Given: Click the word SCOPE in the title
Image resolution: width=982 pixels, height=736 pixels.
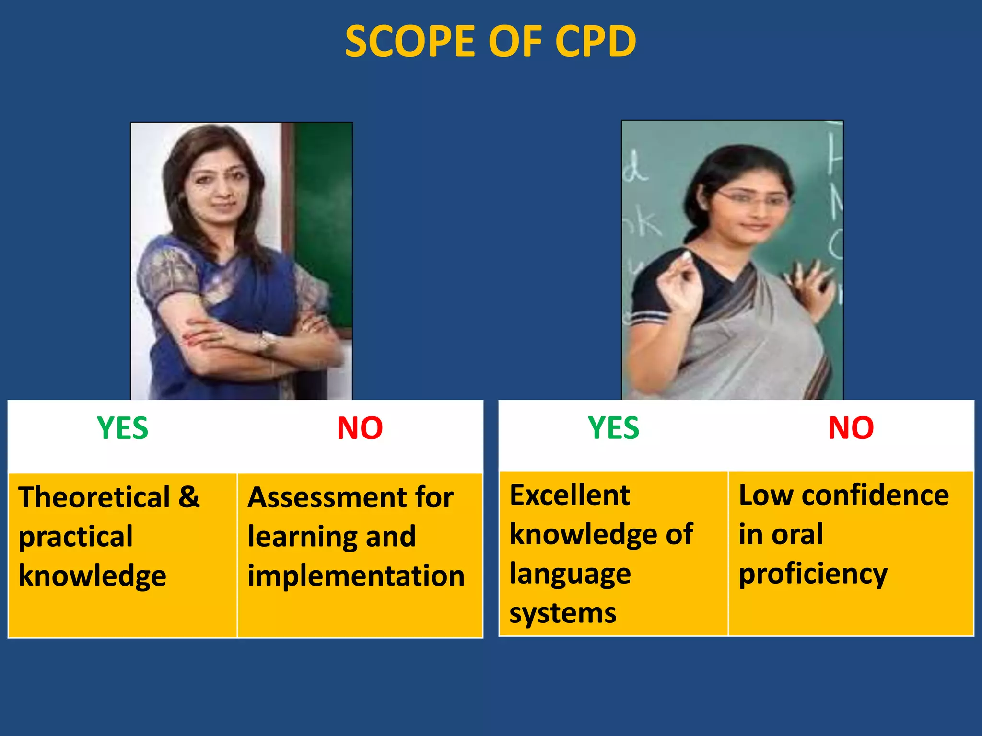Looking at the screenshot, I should point(410,42).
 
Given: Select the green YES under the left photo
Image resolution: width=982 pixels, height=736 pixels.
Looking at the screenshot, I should point(122,428).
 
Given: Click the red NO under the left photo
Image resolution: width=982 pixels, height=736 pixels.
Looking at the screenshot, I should point(360,428).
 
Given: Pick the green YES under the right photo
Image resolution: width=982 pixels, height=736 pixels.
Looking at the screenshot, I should point(613,428).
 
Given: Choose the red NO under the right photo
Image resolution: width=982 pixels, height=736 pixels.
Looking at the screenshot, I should point(851,428).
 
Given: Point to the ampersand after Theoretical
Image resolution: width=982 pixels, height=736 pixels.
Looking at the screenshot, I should point(189,497).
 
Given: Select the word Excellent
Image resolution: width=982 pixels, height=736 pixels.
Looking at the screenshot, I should point(569,495).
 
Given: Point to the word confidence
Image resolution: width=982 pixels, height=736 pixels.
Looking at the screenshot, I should point(875,495).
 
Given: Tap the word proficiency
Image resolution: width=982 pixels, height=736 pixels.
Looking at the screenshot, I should point(813,574).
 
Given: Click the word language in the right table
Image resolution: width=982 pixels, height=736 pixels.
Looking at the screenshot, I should point(570,574).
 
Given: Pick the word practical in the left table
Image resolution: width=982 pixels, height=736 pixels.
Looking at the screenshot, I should point(76,537).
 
